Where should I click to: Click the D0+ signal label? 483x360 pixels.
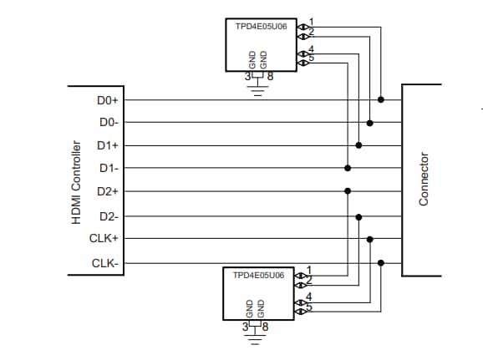(108, 100)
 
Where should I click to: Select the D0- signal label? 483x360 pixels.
(108, 123)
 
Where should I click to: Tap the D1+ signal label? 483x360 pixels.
(108, 145)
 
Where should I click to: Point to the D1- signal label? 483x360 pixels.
(108, 168)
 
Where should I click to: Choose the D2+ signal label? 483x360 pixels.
(108, 191)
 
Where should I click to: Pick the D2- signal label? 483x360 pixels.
(108, 216)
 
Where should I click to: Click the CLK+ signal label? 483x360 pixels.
(104, 239)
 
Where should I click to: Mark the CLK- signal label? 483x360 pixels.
(104, 263)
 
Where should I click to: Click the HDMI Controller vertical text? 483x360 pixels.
(75, 181)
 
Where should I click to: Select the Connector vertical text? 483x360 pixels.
(424, 180)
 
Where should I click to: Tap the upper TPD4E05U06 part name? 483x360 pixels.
(262, 27)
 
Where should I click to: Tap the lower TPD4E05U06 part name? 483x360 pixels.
(258, 275)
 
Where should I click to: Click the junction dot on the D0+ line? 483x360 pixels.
(381, 99)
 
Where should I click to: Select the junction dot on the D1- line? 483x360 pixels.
(348, 168)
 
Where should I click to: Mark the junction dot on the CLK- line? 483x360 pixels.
(381, 263)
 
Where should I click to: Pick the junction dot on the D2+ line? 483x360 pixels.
(348, 191)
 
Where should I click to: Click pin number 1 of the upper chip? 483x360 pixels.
(312, 21)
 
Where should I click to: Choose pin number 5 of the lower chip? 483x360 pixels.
(308, 308)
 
